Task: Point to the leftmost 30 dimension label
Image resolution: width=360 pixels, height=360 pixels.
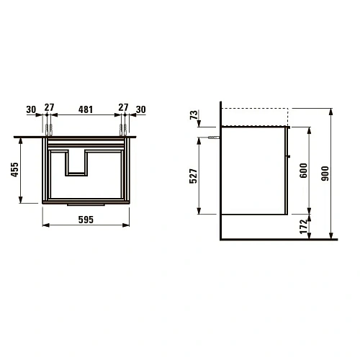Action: [x=30, y=110]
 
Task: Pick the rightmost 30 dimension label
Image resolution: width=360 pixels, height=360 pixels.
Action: [x=141, y=110]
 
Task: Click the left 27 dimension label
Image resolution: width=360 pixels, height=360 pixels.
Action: [x=49, y=110]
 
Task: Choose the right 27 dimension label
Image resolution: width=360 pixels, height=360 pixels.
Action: [x=123, y=110]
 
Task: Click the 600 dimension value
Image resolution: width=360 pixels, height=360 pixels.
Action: [x=305, y=171]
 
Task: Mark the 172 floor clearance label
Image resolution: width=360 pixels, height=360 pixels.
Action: [x=305, y=227]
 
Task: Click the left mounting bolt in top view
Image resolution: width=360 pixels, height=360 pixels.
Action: [x=49, y=128]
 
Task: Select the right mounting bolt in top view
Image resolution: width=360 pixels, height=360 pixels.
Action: [x=122, y=128]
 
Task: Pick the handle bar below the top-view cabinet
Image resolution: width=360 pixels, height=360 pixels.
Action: [x=86, y=204]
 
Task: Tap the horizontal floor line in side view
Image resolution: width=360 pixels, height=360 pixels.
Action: [x=274, y=240]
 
